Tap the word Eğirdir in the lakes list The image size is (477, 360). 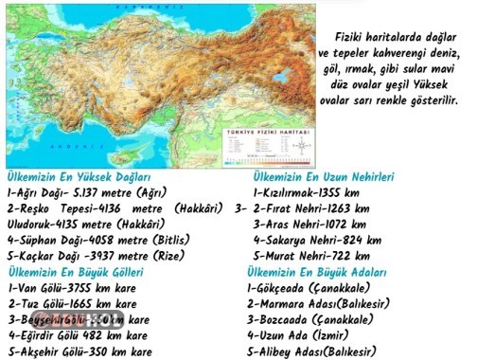36,334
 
